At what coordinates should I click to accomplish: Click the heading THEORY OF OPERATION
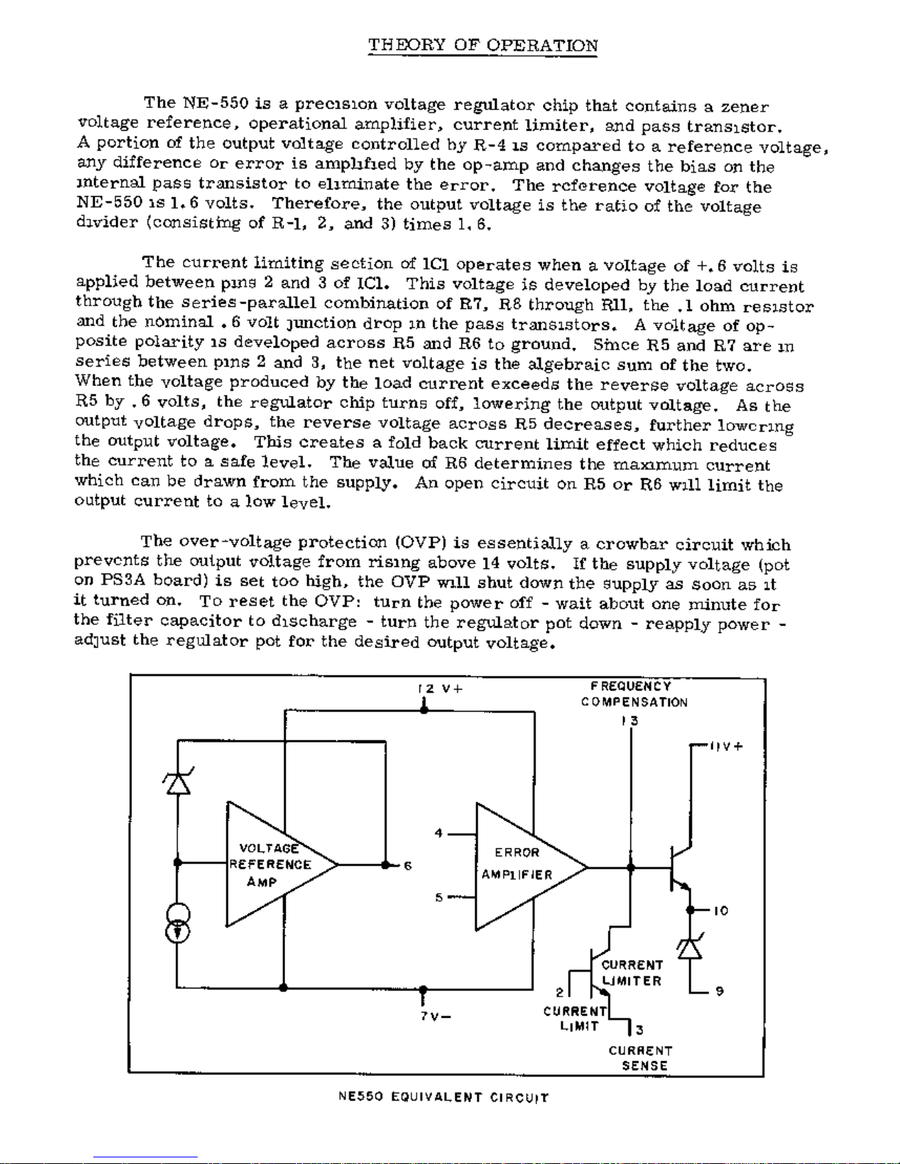click(483, 46)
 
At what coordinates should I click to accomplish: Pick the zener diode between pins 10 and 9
click(689, 947)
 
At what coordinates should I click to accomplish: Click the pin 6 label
click(406, 866)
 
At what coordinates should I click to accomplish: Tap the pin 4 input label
click(439, 834)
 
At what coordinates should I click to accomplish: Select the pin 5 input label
click(439, 897)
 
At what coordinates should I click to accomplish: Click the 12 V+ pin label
click(440, 689)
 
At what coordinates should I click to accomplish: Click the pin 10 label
click(721, 911)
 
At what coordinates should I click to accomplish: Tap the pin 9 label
click(719, 991)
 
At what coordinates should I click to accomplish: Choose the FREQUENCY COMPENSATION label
click(633, 694)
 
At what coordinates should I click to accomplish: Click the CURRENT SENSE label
click(640, 1058)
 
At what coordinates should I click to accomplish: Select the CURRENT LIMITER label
click(632, 973)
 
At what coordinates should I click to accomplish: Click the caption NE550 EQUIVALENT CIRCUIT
click(443, 1098)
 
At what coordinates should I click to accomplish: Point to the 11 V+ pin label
click(726, 747)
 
